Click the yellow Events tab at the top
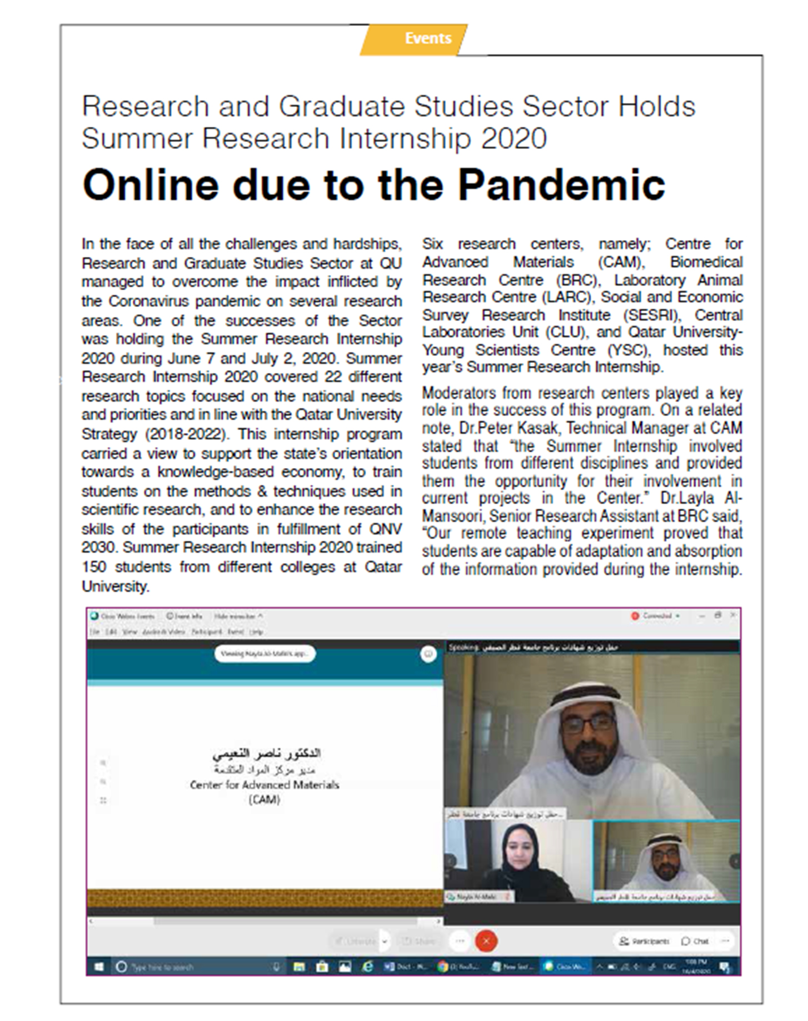tap(427, 38)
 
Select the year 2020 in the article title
tap(514, 139)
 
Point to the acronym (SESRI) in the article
tap(651, 315)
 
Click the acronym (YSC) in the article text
tap(629, 350)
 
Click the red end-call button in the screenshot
tap(486, 941)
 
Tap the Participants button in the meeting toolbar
tap(644, 941)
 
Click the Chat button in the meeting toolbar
tap(695, 941)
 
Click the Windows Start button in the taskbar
tap(99, 967)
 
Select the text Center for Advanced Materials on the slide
tap(265, 785)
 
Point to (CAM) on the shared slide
tap(265, 800)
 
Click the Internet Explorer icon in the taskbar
tap(367, 967)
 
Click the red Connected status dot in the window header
tap(635, 616)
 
